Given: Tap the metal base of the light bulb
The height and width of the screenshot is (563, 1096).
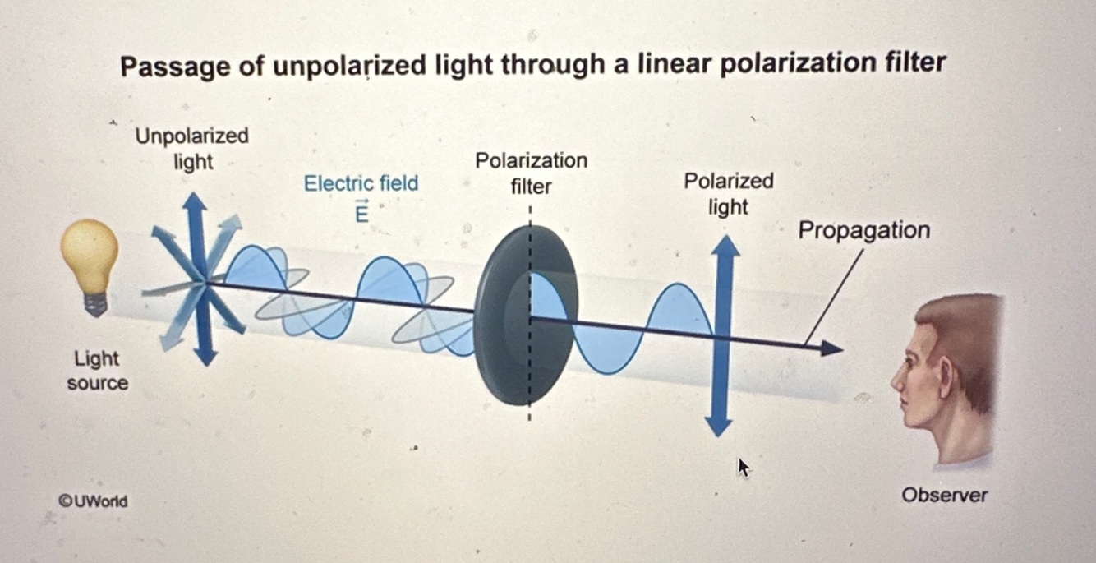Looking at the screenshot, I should tap(96, 305).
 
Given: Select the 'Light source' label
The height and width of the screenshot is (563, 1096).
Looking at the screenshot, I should tap(97, 371).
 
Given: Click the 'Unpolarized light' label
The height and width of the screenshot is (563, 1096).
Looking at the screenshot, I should tap(192, 148).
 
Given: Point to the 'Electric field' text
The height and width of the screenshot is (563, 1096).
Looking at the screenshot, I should tap(361, 183).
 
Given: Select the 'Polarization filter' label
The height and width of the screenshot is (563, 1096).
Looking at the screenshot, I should tap(531, 173).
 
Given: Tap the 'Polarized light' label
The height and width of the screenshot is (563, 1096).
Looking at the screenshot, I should tap(728, 193).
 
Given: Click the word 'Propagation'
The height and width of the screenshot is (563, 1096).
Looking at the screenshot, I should tap(863, 230).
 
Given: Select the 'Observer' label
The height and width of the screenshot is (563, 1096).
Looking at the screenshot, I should tap(944, 495).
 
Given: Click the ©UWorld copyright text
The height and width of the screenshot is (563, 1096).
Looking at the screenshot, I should tap(93, 501).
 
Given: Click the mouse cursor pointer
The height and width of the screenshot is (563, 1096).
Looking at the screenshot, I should tap(743, 468).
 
